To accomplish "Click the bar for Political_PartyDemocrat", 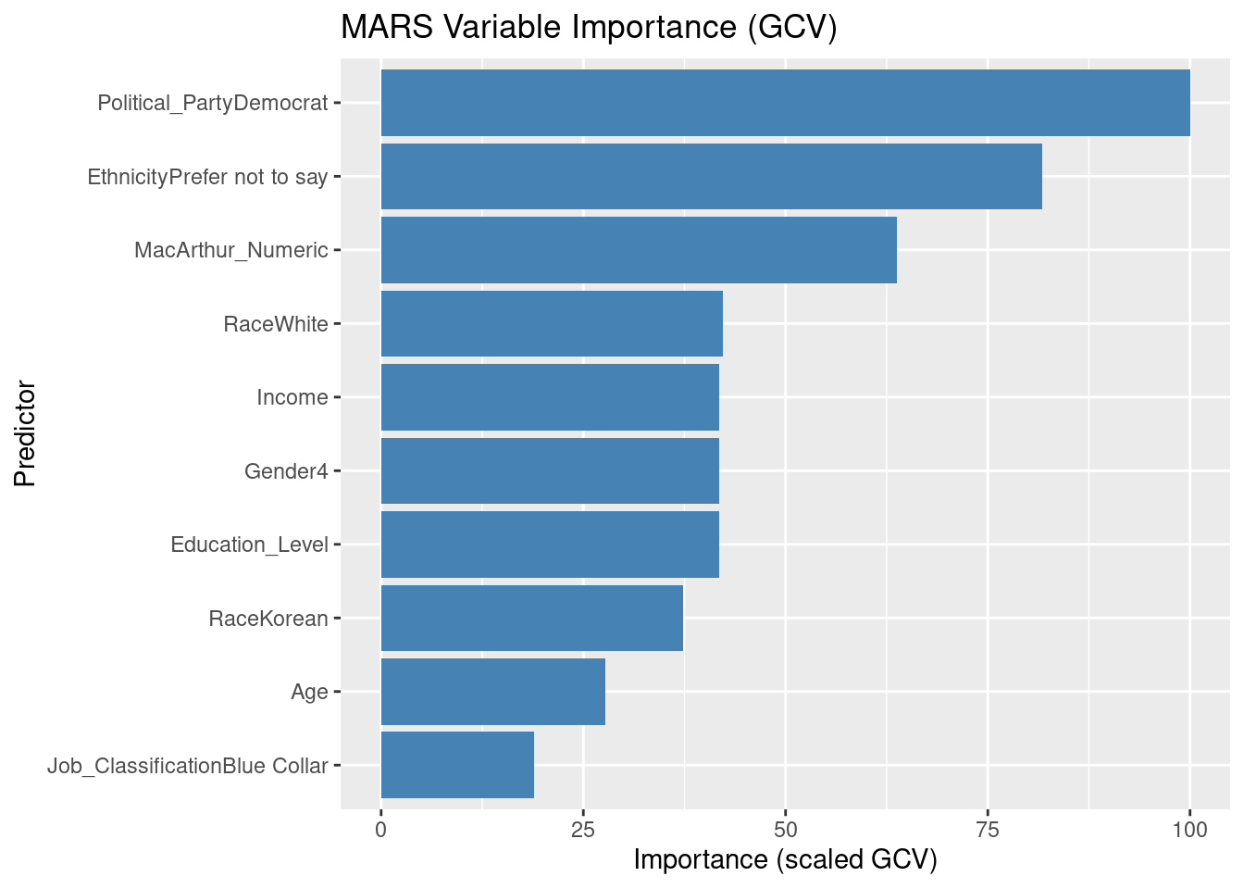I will (785, 103).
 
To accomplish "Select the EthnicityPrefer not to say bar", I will (711, 176).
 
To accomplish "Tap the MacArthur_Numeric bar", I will (639, 250).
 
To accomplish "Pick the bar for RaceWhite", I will (552, 323).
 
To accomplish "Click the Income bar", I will (550, 397).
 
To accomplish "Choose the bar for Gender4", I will (550, 470).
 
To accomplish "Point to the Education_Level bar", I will (550, 545).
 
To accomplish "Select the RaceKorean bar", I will (532, 618).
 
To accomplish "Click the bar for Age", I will (493, 692).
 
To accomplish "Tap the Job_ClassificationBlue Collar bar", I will (457, 765).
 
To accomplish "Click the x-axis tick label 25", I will (583, 830).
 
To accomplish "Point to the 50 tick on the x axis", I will (785, 830).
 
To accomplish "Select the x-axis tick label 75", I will (988, 830).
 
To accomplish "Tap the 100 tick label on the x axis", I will (1189, 830).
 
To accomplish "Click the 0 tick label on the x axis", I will (380, 830).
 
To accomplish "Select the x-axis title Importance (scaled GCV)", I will (785, 860).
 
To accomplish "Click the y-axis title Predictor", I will (25, 433).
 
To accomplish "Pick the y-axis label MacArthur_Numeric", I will (230, 250).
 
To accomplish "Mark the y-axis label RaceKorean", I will (268, 618).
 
